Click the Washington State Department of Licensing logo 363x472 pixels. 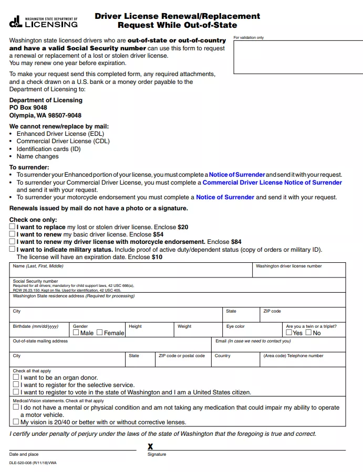pyautogui.click(x=44, y=22)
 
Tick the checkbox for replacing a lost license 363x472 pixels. pyautogui.click(x=13, y=227)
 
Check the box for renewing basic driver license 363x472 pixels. pyautogui.click(x=13, y=234)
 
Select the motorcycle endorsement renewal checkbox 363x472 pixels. pyautogui.click(x=13, y=242)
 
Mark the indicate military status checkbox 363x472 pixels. pyautogui.click(x=13, y=250)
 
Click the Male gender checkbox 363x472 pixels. pyautogui.click(x=76, y=332)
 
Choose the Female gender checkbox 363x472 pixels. pyautogui.click(x=100, y=332)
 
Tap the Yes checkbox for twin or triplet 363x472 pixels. pyautogui.click(x=289, y=332)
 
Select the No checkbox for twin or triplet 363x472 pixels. pyautogui.click(x=309, y=332)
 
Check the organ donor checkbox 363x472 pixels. pyautogui.click(x=16, y=377)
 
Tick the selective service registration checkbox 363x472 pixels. pyautogui.click(x=16, y=384)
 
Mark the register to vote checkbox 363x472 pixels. pyautogui.click(x=16, y=392)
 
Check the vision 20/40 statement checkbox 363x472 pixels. pyautogui.click(x=16, y=422)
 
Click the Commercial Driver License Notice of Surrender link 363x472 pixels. pyautogui.click(x=272, y=183)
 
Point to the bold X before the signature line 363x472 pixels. pyautogui.click(x=150, y=446)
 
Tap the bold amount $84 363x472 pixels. pyautogui.click(x=236, y=242)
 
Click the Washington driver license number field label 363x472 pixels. pyautogui.click(x=288, y=266)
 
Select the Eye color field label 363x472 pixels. pyautogui.click(x=235, y=326)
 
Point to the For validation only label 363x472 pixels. pyautogui.click(x=248, y=38)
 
